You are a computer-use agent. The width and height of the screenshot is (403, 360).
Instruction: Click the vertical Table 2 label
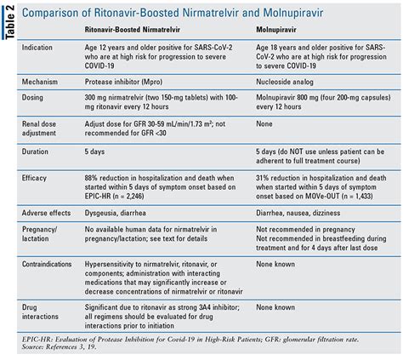click(9, 22)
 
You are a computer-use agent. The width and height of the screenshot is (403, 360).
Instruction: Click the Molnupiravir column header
click(276, 30)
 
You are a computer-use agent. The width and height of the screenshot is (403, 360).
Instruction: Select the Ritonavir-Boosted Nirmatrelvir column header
click(133, 30)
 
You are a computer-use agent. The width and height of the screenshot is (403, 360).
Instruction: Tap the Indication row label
click(37, 48)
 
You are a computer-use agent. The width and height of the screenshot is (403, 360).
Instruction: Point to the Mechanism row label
click(40, 82)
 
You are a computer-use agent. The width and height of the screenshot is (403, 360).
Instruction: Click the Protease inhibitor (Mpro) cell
click(123, 82)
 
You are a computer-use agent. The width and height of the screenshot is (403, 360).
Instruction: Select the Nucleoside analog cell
click(285, 82)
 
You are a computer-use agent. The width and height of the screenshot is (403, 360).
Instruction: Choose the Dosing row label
click(32, 98)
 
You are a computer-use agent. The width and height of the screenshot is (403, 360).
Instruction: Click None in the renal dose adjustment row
click(264, 124)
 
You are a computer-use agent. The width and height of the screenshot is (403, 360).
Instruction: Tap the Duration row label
click(35, 151)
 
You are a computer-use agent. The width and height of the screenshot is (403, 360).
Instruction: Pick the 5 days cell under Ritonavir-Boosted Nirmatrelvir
click(94, 151)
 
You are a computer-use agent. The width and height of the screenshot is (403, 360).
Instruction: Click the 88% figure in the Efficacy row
click(91, 178)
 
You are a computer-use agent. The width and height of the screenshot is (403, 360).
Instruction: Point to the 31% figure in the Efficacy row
click(262, 178)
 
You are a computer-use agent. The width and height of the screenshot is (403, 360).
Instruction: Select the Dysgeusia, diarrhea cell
click(116, 213)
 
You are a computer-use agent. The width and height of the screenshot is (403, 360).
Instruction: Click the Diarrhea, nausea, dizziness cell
click(298, 213)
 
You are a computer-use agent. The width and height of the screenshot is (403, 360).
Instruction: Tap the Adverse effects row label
click(46, 213)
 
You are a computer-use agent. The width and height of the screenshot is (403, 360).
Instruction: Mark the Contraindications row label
click(47, 264)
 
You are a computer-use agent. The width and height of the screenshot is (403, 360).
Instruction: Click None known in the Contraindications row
click(275, 264)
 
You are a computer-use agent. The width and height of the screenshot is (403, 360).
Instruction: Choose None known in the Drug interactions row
click(275, 307)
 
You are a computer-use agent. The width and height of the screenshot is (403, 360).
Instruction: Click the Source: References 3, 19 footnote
click(60, 347)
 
